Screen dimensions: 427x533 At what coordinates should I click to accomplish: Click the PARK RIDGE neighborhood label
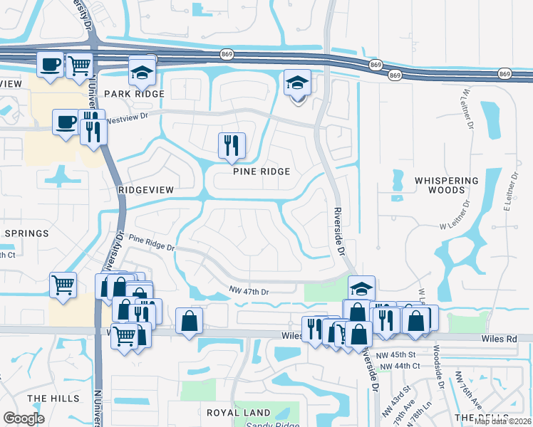pyautogui.click(x=134, y=94)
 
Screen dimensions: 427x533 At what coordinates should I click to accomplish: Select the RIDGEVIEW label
pyautogui.click(x=145, y=191)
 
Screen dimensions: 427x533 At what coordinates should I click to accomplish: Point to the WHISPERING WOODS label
pyautogui.click(x=446, y=186)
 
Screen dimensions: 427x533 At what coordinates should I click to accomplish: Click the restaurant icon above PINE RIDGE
pyautogui.click(x=232, y=145)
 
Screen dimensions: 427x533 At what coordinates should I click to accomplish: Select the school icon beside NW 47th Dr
pyautogui.click(x=361, y=289)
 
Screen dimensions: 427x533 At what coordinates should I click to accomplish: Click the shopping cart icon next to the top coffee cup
pyautogui.click(x=79, y=65)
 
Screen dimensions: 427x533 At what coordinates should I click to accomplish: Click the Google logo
pyautogui.click(x=24, y=418)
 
